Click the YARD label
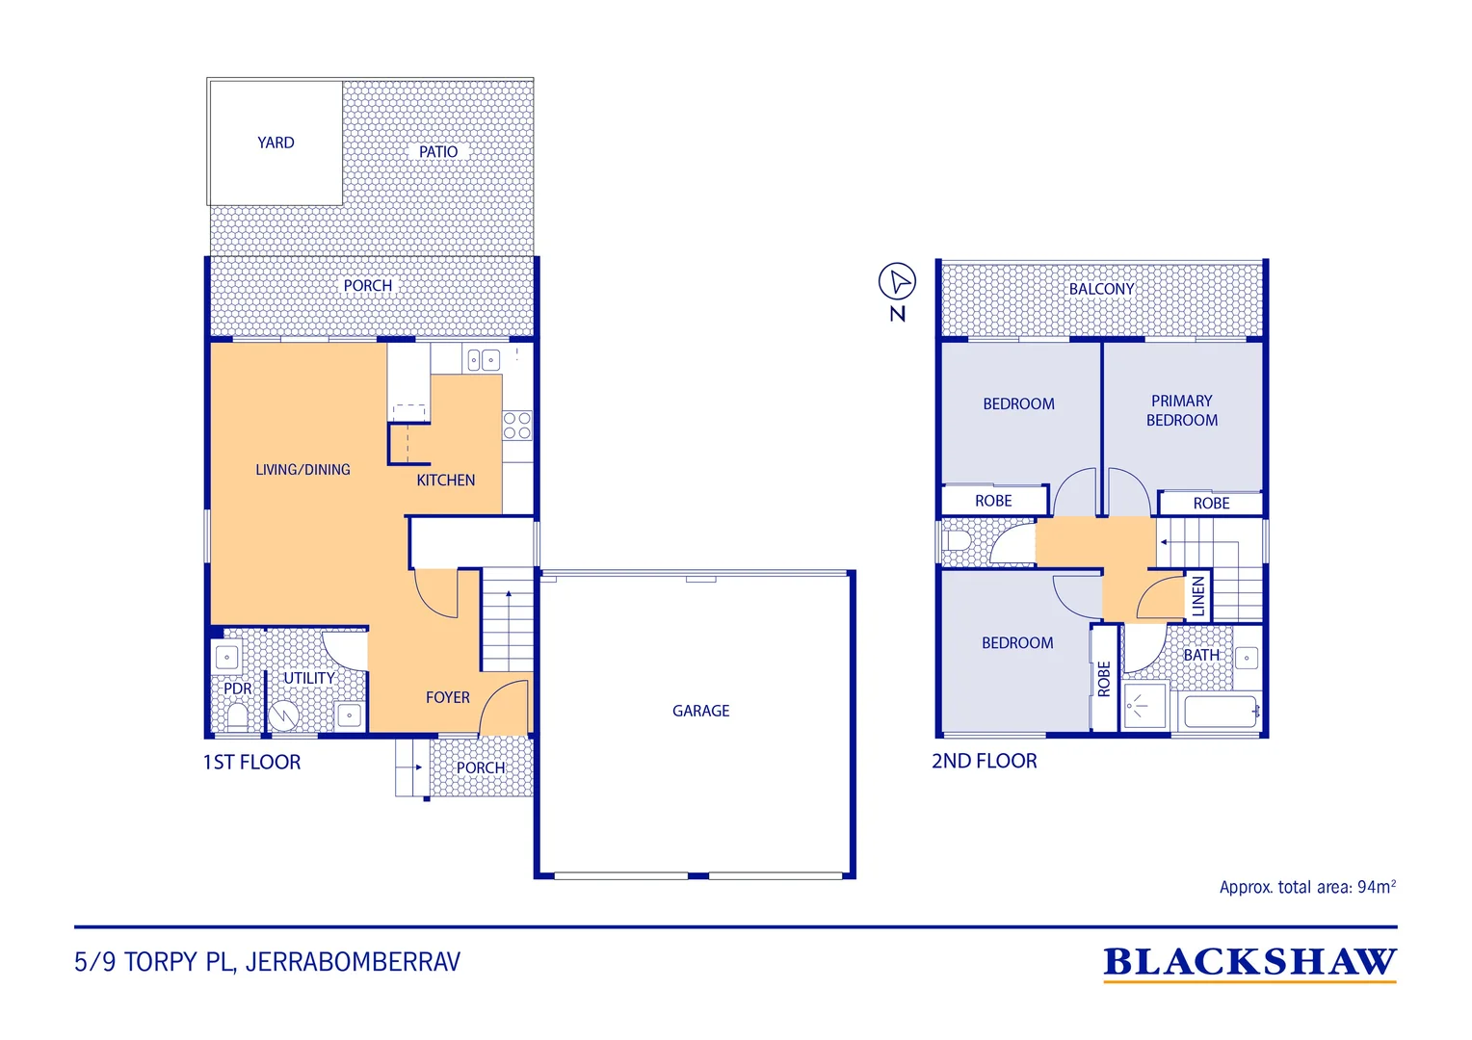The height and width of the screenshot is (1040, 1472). [x=276, y=143]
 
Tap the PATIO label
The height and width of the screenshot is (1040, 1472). [x=438, y=152]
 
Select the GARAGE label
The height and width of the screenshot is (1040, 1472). [x=700, y=711]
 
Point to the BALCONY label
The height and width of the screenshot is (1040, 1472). [x=1101, y=289]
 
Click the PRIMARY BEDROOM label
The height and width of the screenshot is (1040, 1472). [x=1181, y=410]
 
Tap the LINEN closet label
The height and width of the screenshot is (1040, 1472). [x=1198, y=596]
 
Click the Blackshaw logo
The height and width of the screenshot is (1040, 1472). [x=1249, y=963]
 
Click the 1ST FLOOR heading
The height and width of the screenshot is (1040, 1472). [x=251, y=762]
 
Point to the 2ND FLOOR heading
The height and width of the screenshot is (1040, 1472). [x=984, y=761]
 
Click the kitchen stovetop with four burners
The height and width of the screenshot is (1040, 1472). [x=517, y=425]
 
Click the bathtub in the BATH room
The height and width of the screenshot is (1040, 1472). [x=1221, y=712]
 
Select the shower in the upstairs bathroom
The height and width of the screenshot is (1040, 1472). [x=1144, y=706]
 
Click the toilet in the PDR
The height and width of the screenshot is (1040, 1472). [x=237, y=716]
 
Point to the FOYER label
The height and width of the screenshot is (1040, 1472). [x=448, y=698]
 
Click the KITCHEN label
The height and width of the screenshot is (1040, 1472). [x=445, y=481]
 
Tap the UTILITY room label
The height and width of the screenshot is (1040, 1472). [x=309, y=678]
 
